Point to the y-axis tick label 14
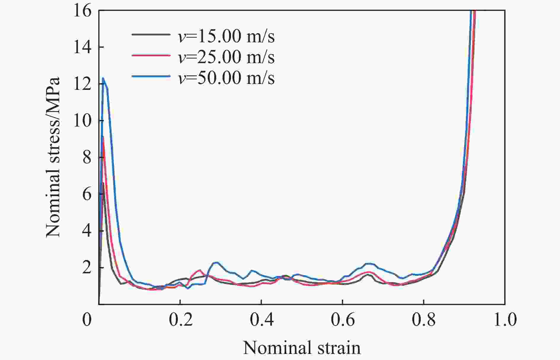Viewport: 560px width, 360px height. point(83,47)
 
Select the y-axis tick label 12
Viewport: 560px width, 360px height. point(83,84)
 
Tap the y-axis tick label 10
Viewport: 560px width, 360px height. point(83,121)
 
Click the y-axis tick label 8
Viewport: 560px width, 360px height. point(87,158)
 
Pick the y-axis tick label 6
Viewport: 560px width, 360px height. point(87,195)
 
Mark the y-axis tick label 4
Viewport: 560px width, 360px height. point(87,231)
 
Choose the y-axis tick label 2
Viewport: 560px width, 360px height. point(87,268)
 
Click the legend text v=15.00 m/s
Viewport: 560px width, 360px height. point(226,36)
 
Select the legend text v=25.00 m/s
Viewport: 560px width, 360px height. point(226,57)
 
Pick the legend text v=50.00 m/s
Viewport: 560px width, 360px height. point(226,78)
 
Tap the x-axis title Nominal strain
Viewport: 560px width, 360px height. point(302,348)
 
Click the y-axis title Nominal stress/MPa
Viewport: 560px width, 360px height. point(53,157)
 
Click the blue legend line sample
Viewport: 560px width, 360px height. point(151,77)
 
